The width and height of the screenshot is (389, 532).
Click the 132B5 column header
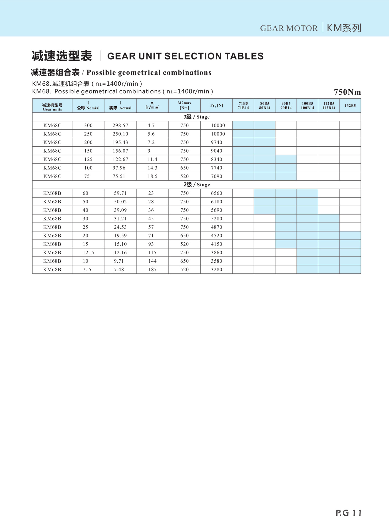350,106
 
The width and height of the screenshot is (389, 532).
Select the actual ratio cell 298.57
120,126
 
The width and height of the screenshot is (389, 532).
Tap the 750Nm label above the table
347,92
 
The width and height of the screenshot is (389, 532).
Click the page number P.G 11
349,513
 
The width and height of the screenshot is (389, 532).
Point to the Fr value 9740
216,142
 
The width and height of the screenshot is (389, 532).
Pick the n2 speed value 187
152,270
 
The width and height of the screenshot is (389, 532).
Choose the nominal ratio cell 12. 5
88,253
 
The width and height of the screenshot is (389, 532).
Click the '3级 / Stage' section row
196,117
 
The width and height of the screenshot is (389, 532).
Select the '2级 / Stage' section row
196,185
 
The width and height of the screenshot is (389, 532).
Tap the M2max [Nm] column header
184,105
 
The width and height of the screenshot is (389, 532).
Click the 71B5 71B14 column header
243,106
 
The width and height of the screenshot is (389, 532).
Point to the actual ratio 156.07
120,151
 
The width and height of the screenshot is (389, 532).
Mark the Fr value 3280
216,270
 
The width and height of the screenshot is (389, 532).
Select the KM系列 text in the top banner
344,28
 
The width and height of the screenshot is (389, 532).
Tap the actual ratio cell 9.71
119,261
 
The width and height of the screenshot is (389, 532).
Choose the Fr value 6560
216,193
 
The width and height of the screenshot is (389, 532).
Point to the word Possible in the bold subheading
101,73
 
